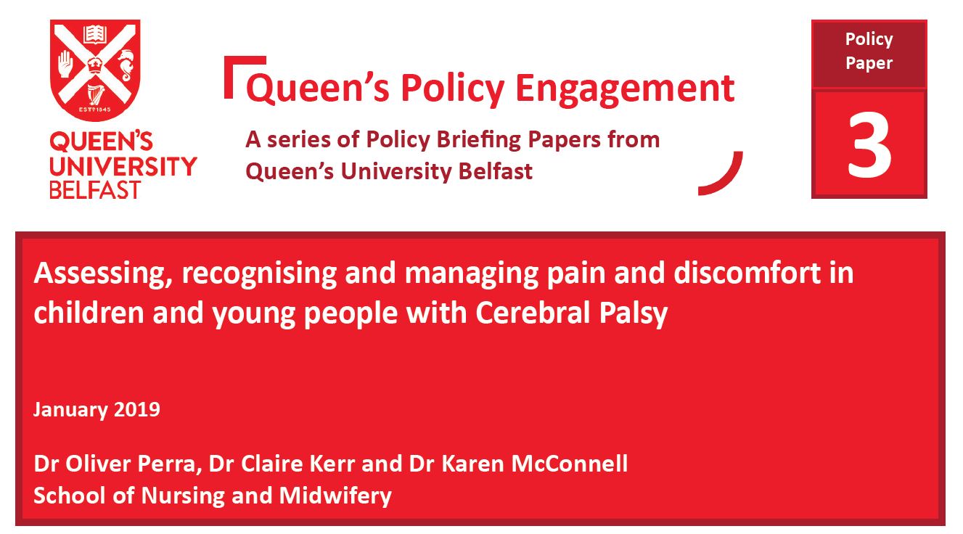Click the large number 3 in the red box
(x=869, y=144)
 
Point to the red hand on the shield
(x=66, y=63)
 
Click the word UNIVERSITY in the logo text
(x=123, y=167)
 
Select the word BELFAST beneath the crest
(x=95, y=190)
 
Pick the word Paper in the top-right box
(x=869, y=63)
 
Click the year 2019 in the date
(x=136, y=409)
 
